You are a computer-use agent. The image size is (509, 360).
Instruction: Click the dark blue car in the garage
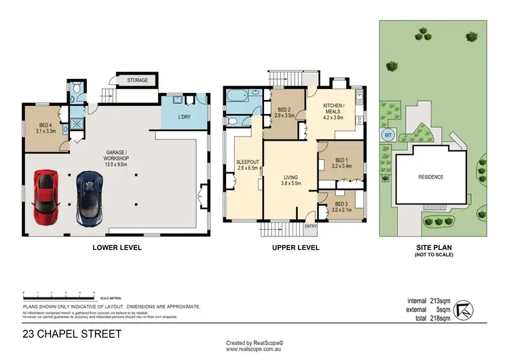89,198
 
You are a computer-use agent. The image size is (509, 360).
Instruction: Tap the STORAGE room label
138,81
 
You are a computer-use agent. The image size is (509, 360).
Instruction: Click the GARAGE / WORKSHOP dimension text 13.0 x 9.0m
117,164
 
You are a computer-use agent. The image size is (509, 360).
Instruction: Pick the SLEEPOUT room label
246,162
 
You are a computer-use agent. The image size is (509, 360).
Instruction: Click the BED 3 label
341,204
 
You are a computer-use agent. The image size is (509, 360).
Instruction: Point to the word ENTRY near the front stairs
311,226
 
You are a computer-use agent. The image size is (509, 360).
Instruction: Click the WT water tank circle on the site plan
388,134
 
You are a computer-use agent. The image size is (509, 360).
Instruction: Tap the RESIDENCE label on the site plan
430,177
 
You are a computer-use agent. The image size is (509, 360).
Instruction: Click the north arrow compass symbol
464,309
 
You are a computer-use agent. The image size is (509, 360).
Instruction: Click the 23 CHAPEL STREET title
71,334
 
